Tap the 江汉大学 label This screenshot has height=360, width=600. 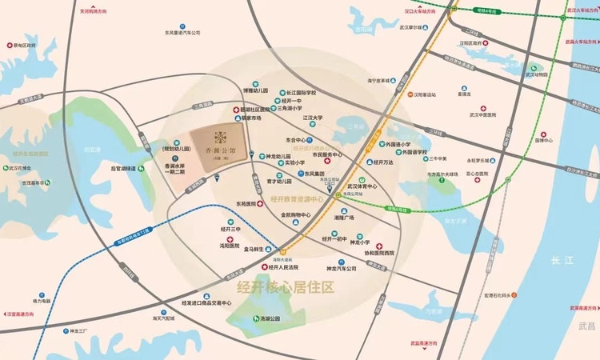pos(312,118)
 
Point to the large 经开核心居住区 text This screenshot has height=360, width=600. pos(285,286)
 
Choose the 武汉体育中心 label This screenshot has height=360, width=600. pos(362,186)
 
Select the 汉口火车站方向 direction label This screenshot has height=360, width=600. pos(420,12)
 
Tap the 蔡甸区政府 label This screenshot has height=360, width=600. pos(25,46)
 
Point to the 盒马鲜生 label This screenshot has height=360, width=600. pos(259,250)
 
